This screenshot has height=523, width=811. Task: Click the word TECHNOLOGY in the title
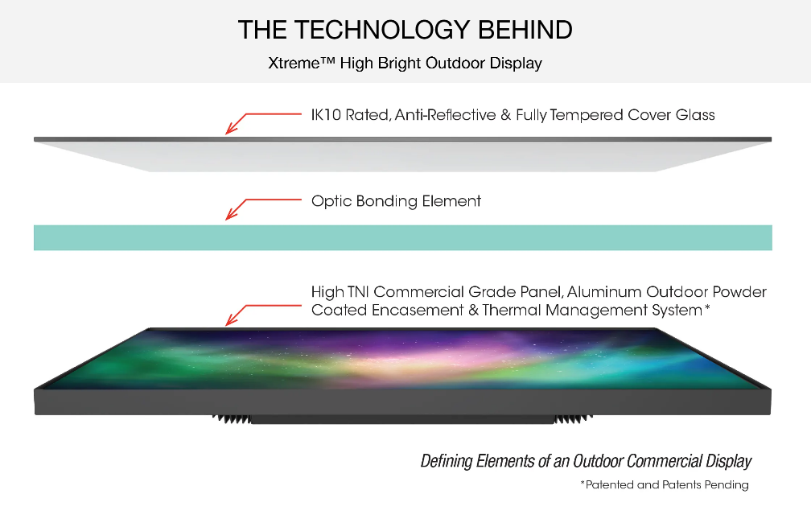pyautogui.click(x=383, y=30)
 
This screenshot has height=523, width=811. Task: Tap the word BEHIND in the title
pyautogui.click(x=525, y=30)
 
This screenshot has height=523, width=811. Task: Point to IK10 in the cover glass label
pyautogui.click(x=326, y=115)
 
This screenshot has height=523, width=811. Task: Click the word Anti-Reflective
pyautogui.click(x=446, y=115)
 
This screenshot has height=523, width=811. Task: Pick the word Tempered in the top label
pyautogui.click(x=587, y=115)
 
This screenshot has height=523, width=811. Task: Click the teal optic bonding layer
pyautogui.click(x=403, y=238)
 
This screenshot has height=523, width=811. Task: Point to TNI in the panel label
pyautogui.click(x=358, y=292)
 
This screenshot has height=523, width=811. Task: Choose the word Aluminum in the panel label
pyautogui.click(x=604, y=292)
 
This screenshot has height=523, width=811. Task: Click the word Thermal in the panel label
pyautogui.click(x=511, y=311)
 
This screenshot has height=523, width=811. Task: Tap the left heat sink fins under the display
pyautogui.click(x=232, y=419)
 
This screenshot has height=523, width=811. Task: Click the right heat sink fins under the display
pyautogui.click(x=573, y=419)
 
